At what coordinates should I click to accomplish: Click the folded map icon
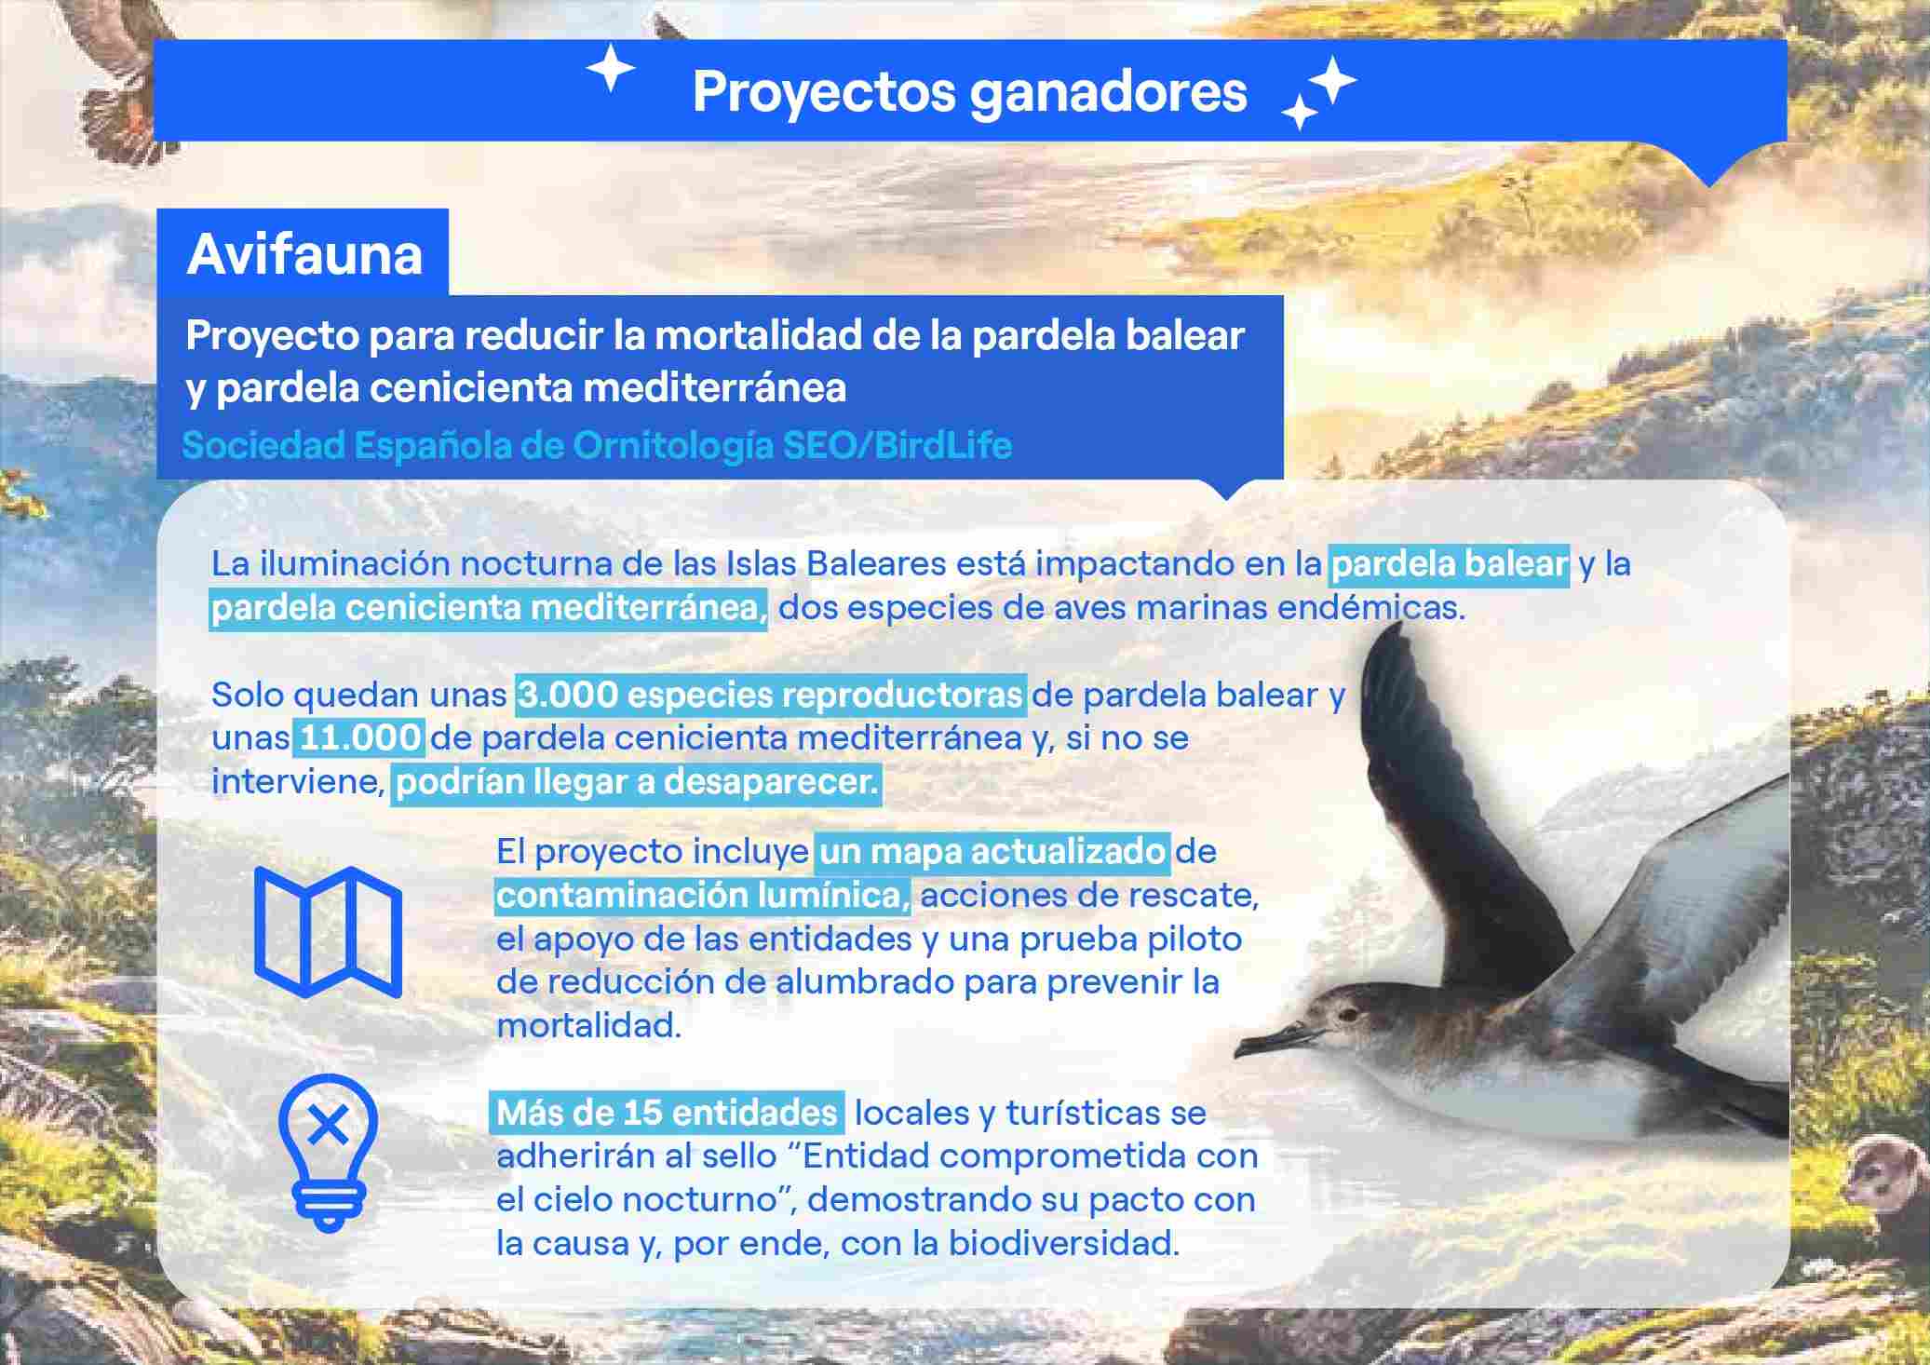click(328, 932)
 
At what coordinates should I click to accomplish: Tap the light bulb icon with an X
click(328, 1152)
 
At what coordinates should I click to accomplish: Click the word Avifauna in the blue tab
click(304, 253)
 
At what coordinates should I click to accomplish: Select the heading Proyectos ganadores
click(969, 92)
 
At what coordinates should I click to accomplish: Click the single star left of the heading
click(610, 70)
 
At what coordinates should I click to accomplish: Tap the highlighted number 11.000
click(359, 737)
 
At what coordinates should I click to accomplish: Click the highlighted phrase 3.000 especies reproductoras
click(771, 695)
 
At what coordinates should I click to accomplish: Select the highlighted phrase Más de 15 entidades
click(667, 1113)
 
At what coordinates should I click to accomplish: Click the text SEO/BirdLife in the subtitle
click(897, 445)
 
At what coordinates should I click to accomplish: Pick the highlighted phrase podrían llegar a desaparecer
click(637, 782)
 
